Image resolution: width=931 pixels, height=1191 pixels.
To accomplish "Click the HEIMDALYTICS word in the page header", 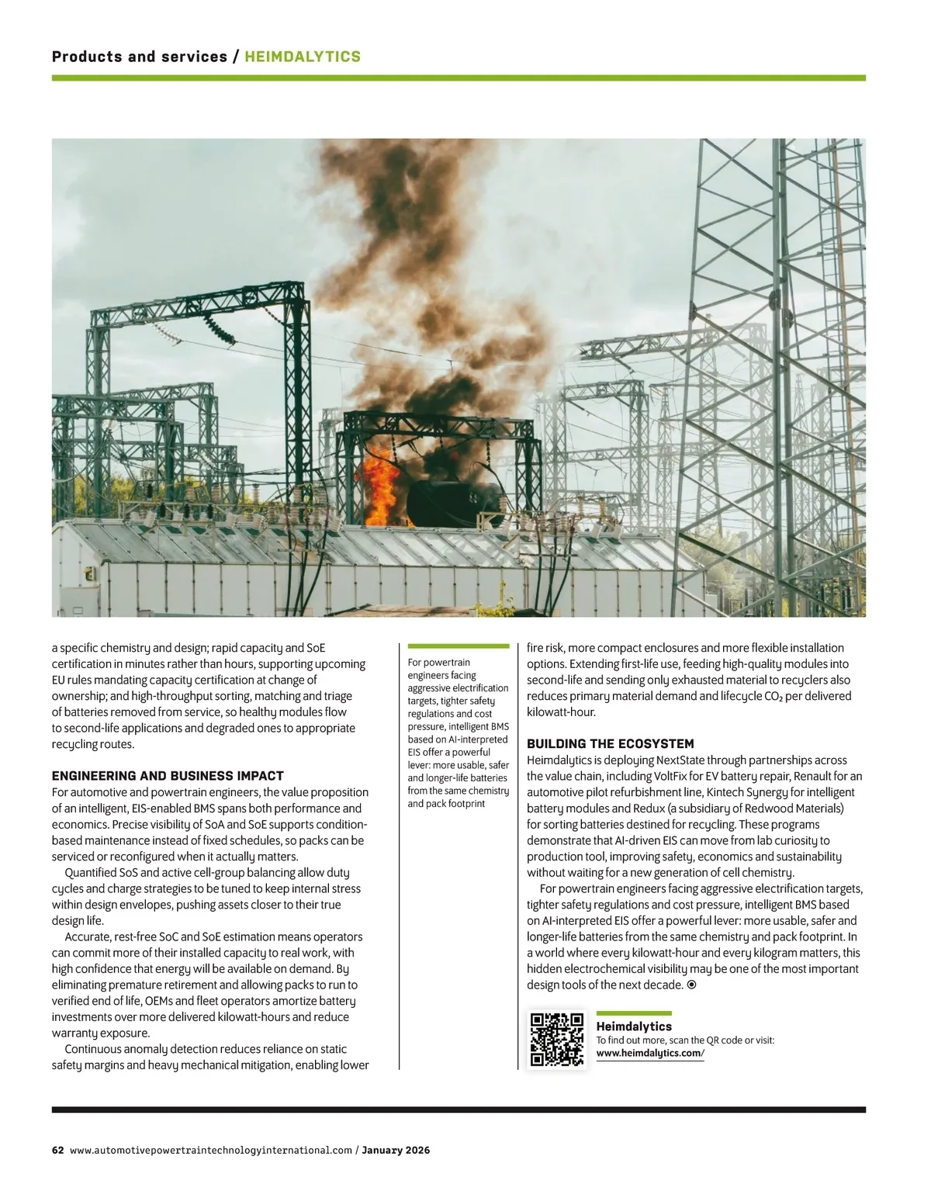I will pyautogui.click(x=303, y=57).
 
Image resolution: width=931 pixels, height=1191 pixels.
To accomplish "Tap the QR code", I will pyautogui.click(x=557, y=1040).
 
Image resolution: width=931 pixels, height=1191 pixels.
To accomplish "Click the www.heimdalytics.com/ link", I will pyautogui.click(x=649, y=1053).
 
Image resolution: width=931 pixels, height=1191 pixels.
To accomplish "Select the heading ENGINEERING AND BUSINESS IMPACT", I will pyautogui.click(x=168, y=776).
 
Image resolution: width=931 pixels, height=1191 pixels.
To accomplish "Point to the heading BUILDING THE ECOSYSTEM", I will pyautogui.click(x=611, y=744).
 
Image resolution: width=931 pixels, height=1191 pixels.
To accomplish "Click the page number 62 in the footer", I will pyautogui.click(x=57, y=1150).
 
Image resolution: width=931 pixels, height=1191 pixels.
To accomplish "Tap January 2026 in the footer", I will pyautogui.click(x=396, y=1150).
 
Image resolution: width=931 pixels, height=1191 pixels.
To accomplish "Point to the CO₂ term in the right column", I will pyautogui.click(x=774, y=696).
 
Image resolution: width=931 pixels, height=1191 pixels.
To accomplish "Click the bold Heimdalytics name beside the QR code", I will pyautogui.click(x=634, y=1027).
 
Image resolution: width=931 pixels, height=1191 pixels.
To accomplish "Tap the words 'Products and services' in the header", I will pyautogui.click(x=139, y=57).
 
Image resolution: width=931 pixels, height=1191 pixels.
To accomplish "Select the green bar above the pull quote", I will pyautogui.click(x=458, y=646).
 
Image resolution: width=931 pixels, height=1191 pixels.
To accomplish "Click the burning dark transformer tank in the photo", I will pyautogui.click(x=450, y=497).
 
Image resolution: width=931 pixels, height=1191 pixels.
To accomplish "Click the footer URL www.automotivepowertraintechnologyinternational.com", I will pyautogui.click(x=211, y=1150).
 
